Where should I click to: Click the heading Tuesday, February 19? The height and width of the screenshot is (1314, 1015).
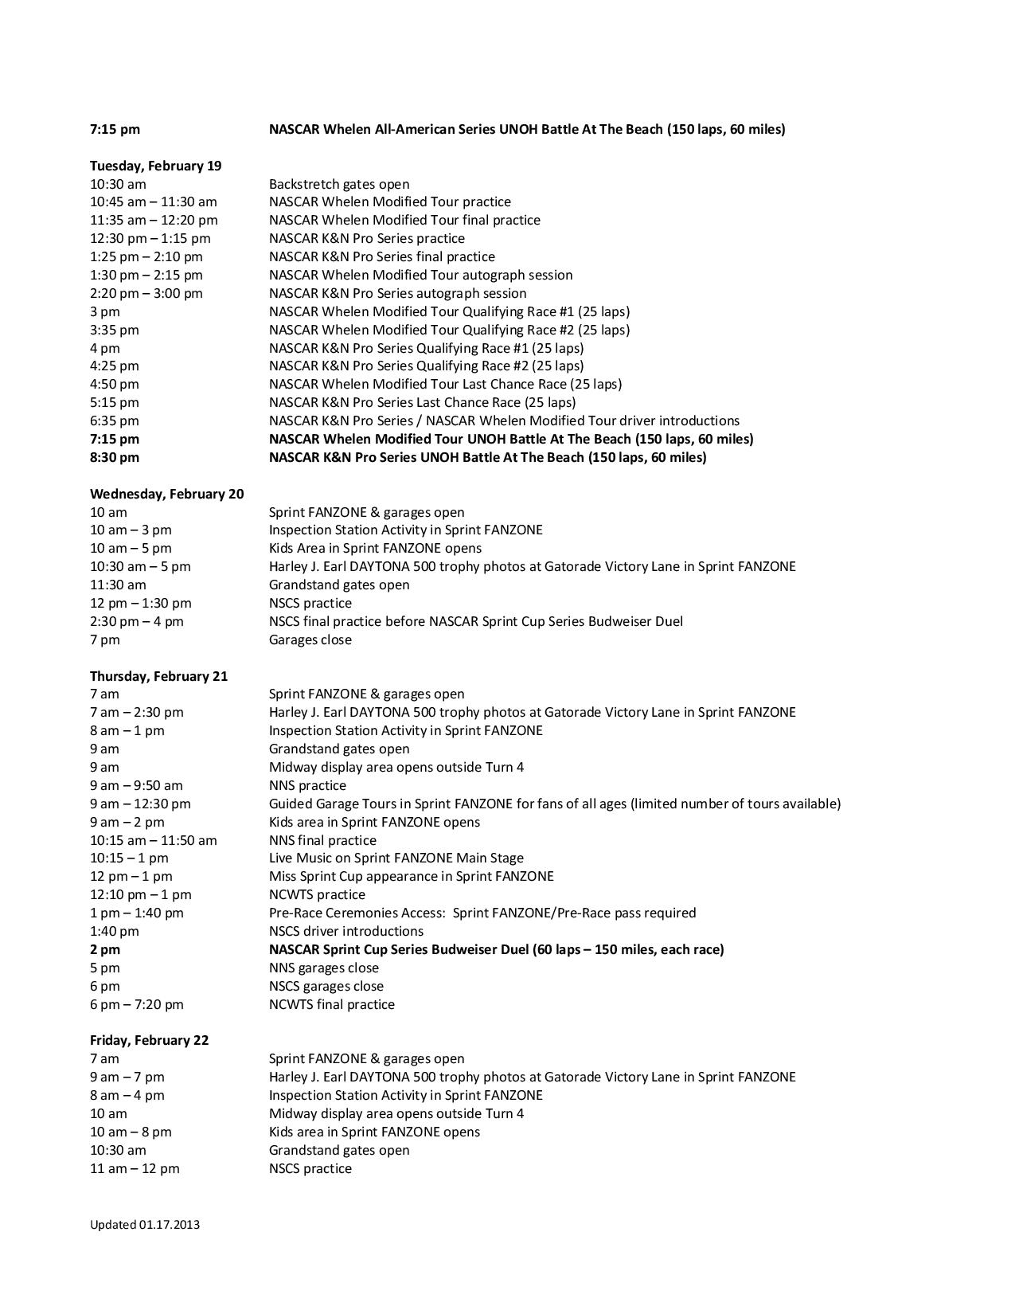click(155, 166)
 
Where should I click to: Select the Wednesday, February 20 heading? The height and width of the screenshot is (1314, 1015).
click(166, 494)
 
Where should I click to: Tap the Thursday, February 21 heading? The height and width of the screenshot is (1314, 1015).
click(158, 676)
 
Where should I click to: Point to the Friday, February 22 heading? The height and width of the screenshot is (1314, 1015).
click(149, 1040)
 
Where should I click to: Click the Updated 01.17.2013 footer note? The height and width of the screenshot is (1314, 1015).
click(144, 1225)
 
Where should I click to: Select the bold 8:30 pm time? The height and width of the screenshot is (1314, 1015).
click(114, 457)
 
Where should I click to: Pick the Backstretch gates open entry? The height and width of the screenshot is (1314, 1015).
click(339, 184)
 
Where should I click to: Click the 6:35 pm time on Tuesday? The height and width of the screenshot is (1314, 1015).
click(114, 420)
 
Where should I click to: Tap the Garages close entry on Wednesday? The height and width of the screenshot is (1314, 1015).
click(310, 639)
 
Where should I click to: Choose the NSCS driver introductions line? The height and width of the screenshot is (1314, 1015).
click(345, 931)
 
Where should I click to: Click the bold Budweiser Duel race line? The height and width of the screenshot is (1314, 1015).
click(496, 949)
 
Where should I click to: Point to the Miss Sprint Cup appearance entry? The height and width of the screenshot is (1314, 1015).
click(411, 876)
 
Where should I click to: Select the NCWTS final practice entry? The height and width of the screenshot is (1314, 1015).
click(331, 1004)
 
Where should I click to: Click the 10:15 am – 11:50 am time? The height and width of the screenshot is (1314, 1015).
click(153, 840)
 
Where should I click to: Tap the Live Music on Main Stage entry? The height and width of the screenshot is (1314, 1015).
click(396, 858)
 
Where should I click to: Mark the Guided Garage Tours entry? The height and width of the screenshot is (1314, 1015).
click(554, 804)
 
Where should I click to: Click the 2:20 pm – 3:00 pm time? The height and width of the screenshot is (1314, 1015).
click(146, 293)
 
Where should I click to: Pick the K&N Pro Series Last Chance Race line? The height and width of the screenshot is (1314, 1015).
click(422, 402)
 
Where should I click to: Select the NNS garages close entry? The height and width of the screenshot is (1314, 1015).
click(323, 968)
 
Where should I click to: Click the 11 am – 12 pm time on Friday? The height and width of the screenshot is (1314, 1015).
click(135, 1168)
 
